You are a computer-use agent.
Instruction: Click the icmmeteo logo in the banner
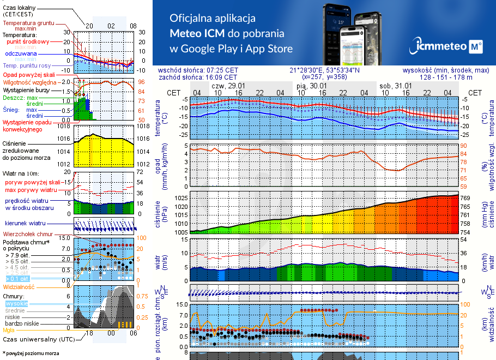tap(448, 46)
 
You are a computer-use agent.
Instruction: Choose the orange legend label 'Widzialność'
tap(19, 286)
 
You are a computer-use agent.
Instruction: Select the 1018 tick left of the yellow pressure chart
tap(65, 127)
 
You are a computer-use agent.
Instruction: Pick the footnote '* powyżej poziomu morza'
tap(31, 353)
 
